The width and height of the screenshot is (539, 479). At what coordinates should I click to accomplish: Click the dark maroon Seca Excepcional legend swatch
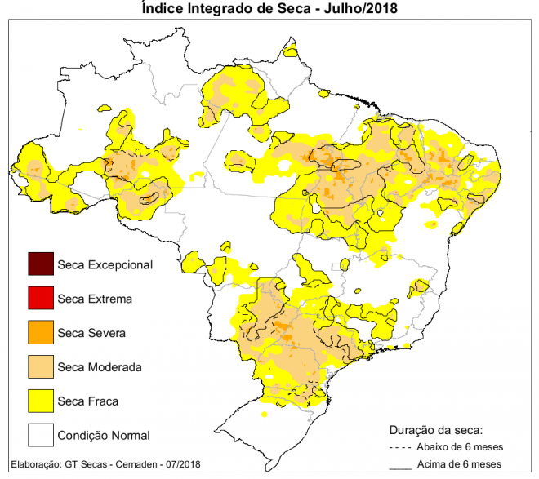click(x=40, y=264)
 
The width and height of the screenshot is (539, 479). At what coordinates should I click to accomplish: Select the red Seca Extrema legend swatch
click(x=40, y=299)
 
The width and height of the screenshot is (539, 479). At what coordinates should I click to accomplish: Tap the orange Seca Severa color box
click(x=40, y=333)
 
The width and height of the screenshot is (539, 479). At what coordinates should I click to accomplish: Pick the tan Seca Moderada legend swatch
click(x=40, y=367)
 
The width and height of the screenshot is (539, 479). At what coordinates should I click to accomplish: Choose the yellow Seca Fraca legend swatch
click(x=40, y=401)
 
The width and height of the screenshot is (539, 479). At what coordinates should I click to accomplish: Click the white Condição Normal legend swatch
click(x=40, y=435)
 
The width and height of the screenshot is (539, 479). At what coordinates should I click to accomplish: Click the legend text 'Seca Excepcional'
click(x=105, y=264)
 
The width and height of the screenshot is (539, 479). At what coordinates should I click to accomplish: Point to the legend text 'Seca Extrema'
click(x=95, y=299)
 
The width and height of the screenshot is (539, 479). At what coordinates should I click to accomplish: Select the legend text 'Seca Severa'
click(x=91, y=333)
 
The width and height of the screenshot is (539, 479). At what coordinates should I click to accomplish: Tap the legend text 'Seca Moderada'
click(x=100, y=367)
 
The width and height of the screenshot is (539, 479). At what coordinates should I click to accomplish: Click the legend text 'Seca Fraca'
click(x=88, y=401)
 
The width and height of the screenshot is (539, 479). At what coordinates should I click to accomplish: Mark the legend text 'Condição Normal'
click(x=104, y=435)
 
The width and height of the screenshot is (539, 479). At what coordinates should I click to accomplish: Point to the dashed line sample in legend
click(x=399, y=447)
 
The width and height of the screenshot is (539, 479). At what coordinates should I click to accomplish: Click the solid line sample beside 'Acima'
click(x=399, y=468)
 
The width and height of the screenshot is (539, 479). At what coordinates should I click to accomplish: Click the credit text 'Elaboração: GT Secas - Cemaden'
click(x=90, y=464)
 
